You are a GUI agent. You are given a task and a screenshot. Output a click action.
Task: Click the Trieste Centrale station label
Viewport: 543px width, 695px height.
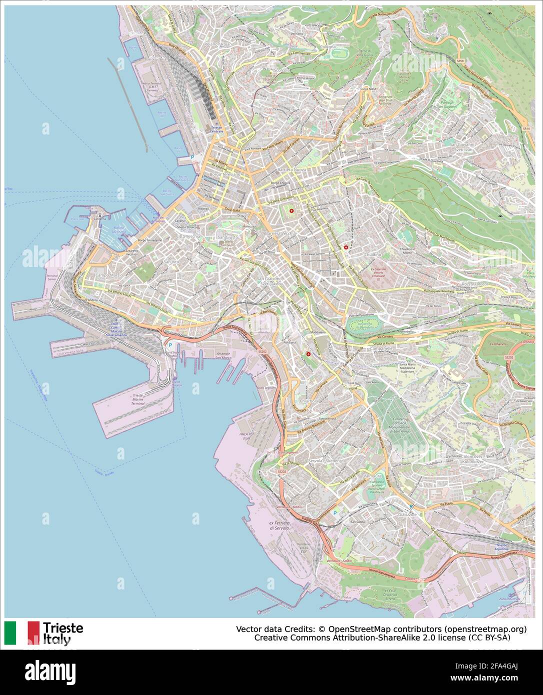[x=216, y=129]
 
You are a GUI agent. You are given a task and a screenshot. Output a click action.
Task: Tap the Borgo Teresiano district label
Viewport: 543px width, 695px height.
[x=225, y=174]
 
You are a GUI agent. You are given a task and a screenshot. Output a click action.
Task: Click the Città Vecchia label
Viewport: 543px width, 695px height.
[x=188, y=235]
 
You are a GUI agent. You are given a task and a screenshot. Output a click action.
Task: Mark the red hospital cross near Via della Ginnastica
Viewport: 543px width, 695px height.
[x=292, y=211]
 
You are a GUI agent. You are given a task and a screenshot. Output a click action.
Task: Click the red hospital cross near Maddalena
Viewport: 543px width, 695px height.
[x=308, y=354]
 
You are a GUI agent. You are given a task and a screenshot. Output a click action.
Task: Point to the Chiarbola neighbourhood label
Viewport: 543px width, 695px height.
[x=308, y=400]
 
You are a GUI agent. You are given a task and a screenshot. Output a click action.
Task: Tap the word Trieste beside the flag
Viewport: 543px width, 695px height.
[x=63, y=628]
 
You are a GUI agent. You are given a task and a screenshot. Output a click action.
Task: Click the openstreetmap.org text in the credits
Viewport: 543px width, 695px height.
[x=484, y=628]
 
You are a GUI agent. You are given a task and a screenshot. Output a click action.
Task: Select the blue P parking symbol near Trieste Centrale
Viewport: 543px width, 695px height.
[x=192, y=157]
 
